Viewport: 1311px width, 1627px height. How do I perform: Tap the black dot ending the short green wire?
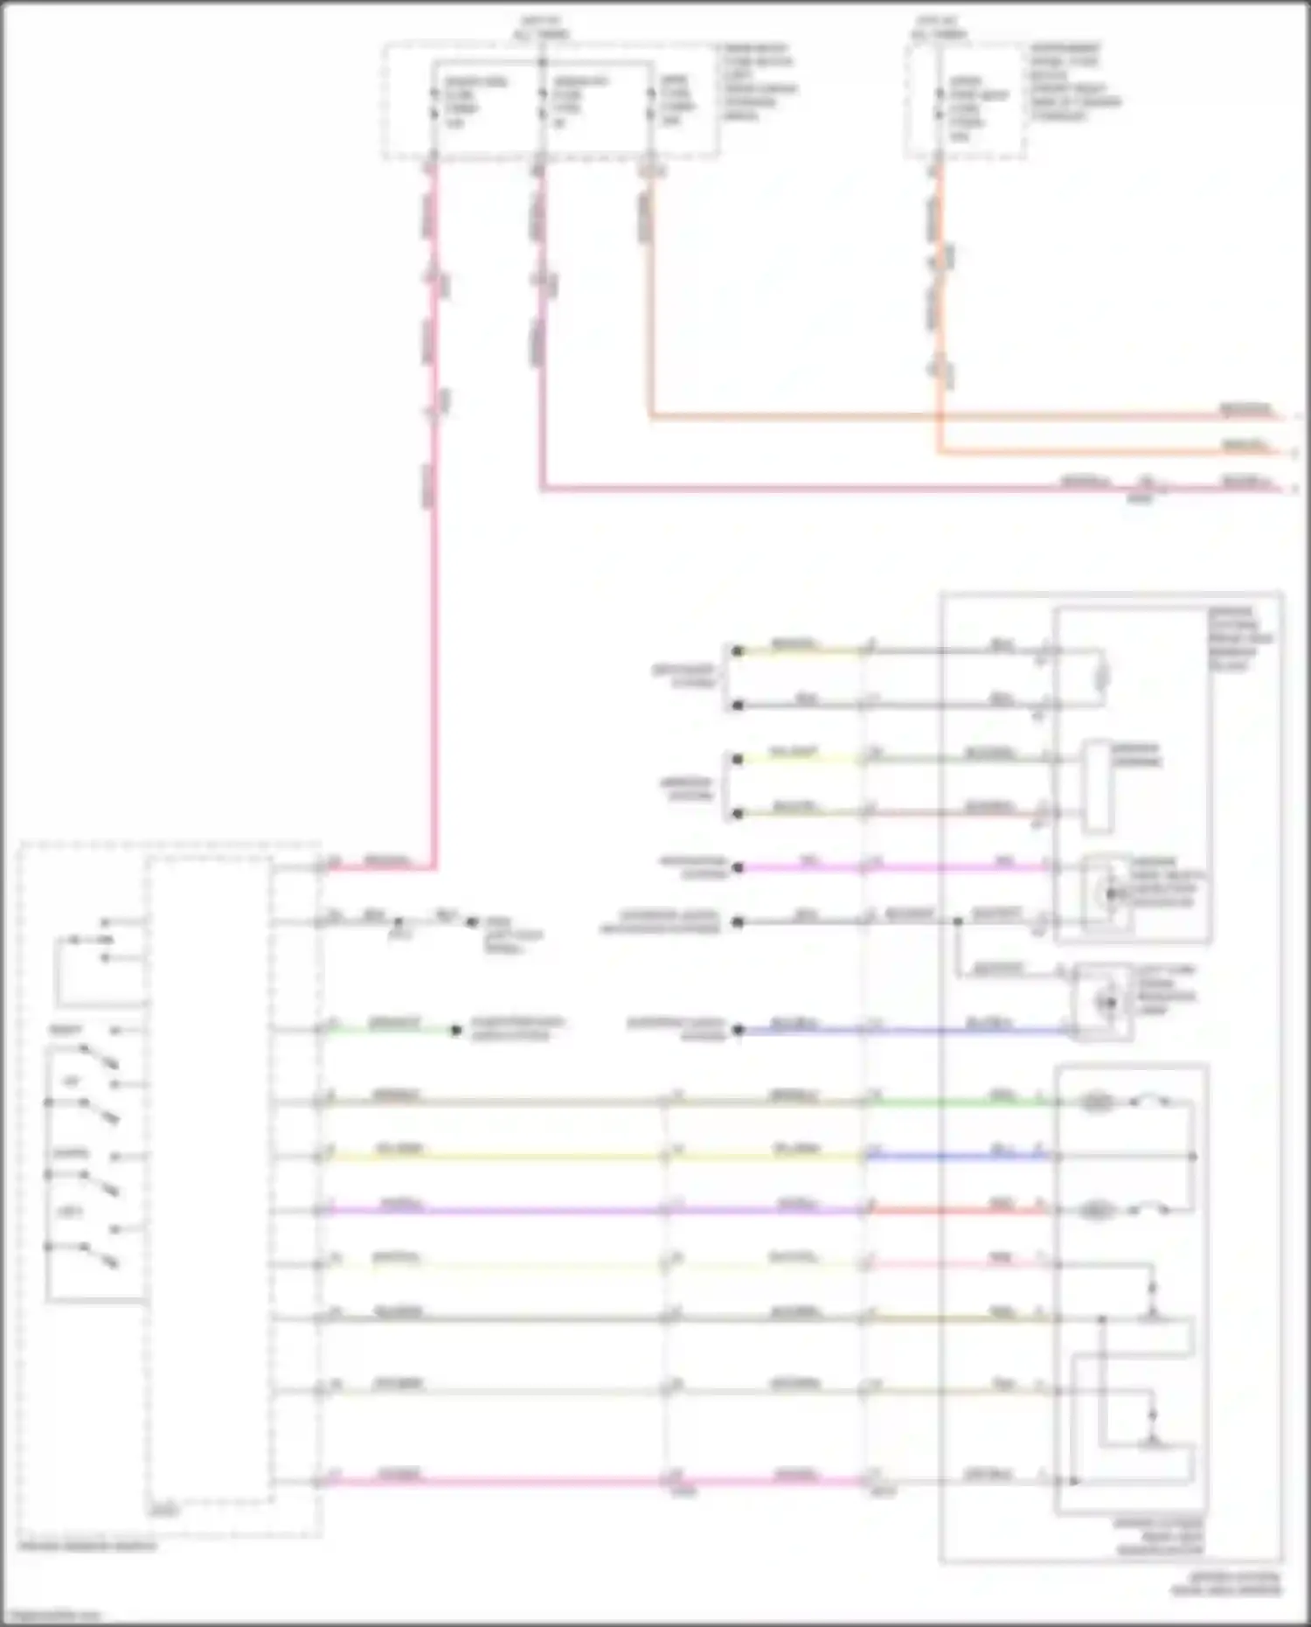point(455,1031)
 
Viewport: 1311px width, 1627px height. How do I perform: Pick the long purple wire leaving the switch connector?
point(489,1211)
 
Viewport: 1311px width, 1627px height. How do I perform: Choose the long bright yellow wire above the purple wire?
point(489,1157)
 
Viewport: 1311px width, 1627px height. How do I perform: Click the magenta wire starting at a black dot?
point(804,867)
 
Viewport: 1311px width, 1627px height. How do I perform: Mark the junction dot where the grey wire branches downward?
point(958,921)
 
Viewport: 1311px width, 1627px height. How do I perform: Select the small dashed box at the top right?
point(966,103)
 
